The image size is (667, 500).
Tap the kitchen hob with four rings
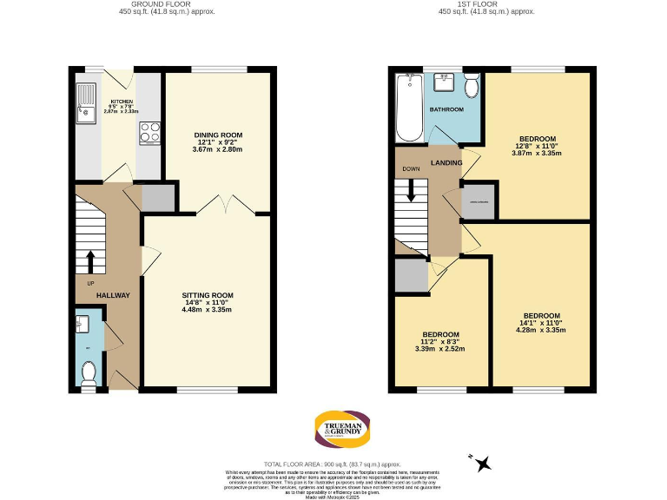click(x=149, y=134)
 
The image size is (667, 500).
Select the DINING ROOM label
click(x=217, y=135)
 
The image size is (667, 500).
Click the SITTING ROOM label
click(x=208, y=295)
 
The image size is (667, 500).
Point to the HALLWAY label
click(x=112, y=295)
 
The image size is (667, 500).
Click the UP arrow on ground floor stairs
click(x=89, y=260)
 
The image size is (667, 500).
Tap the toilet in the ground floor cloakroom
click(x=88, y=372)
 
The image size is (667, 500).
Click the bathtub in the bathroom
click(x=409, y=109)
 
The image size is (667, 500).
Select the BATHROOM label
click(x=446, y=110)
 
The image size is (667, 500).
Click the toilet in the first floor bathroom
click(x=472, y=86)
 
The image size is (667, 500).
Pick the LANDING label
click(x=446, y=162)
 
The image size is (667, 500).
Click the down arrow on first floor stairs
click(x=411, y=193)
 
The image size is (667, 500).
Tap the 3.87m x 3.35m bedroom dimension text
click(x=538, y=153)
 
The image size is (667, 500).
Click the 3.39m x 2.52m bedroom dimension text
click(x=440, y=349)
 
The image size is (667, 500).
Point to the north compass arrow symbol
click(x=483, y=463)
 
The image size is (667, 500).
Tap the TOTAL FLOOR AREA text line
click(x=333, y=464)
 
